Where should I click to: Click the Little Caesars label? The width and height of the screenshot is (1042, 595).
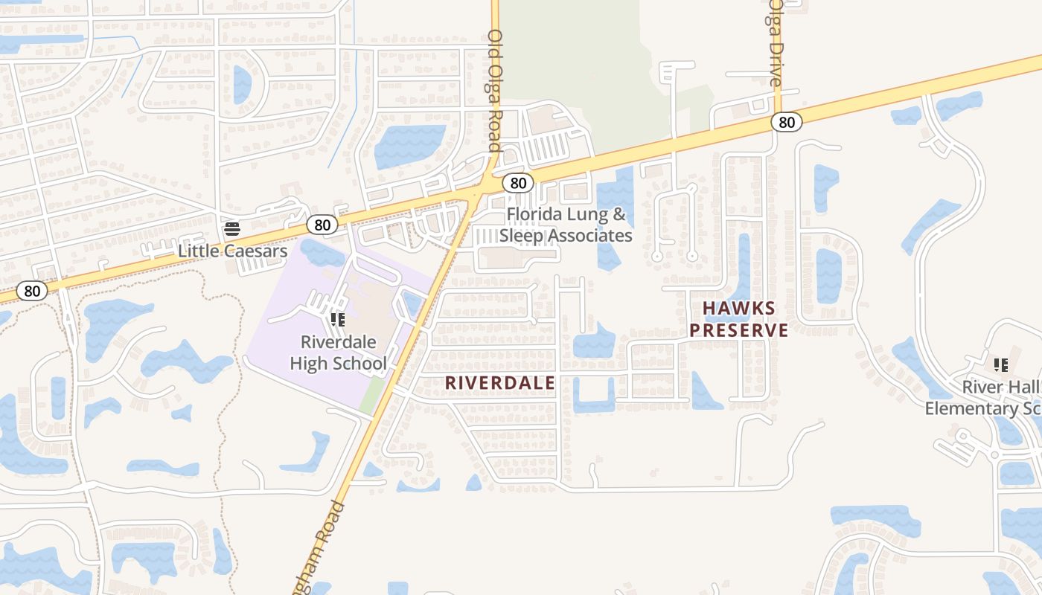click(232, 251)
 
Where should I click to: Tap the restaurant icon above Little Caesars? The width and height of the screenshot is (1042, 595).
click(232, 228)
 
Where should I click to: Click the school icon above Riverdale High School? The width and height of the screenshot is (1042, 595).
click(337, 320)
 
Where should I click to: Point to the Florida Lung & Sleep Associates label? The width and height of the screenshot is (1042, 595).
click(566, 225)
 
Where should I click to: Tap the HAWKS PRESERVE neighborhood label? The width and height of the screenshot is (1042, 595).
click(738, 319)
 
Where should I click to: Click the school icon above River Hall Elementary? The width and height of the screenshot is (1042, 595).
click(1001, 365)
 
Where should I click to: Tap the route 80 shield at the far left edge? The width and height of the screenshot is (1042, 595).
click(32, 291)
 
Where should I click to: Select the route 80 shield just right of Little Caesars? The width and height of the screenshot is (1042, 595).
click(322, 224)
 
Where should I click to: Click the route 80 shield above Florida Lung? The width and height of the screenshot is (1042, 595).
click(518, 182)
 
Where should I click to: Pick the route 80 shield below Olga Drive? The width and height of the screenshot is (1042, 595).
click(787, 121)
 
